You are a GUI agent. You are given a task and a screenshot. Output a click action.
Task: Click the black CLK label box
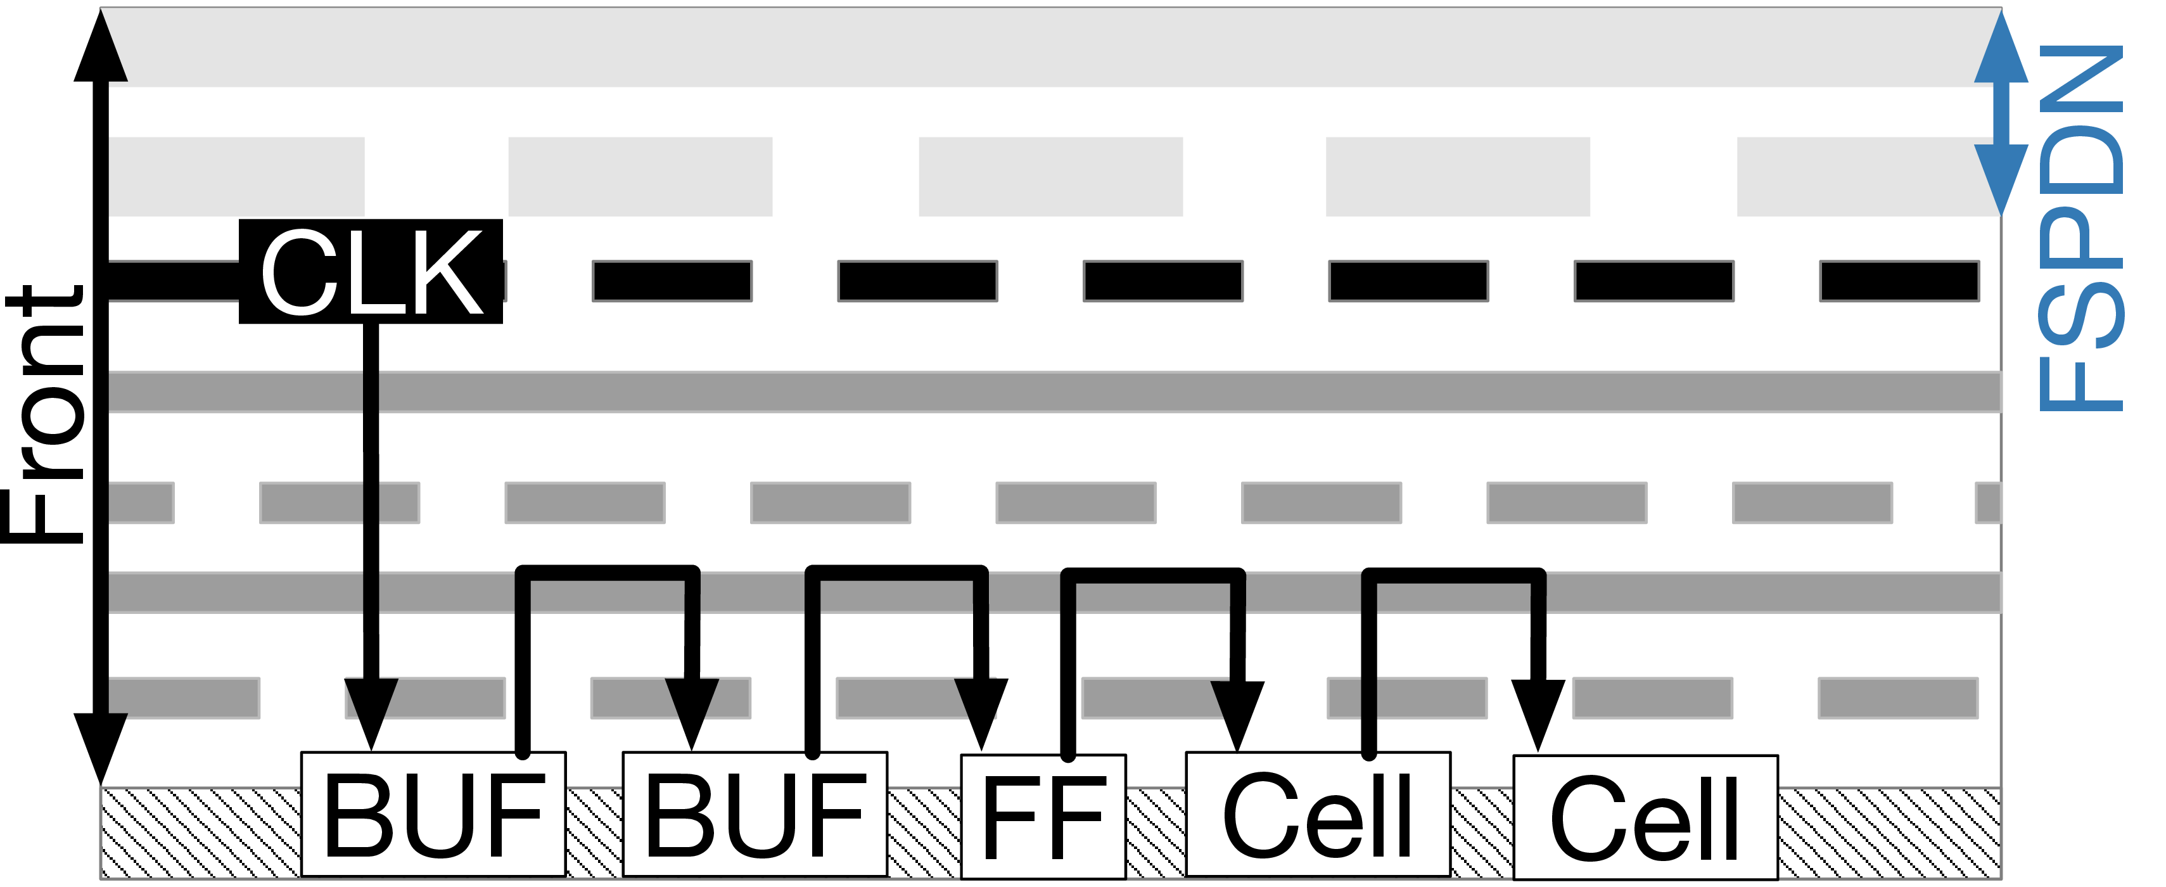tap(371, 272)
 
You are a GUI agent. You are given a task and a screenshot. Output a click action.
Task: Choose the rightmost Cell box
tap(1645, 817)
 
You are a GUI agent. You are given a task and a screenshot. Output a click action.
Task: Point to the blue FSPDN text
tap(2081, 228)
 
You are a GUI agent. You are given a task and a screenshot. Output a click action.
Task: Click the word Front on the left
tap(44, 414)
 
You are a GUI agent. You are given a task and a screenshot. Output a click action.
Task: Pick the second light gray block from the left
tap(640, 177)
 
